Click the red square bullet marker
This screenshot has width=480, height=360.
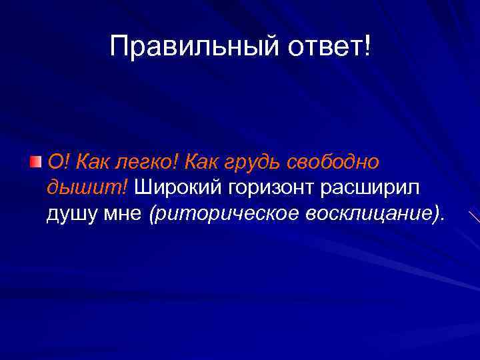point(36,161)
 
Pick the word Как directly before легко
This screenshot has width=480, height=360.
point(92,161)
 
